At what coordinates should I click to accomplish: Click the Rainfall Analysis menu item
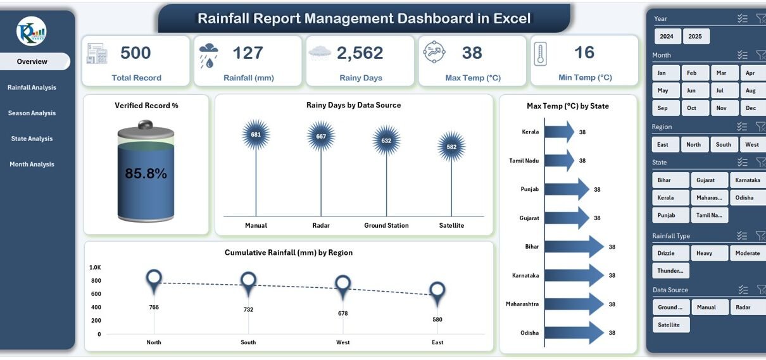click(32, 87)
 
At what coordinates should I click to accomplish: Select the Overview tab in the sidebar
click(32, 61)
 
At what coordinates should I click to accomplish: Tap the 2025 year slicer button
click(695, 36)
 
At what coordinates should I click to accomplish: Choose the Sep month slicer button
click(663, 108)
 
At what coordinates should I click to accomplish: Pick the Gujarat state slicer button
click(706, 180)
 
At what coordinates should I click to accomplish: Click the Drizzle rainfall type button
click(666, 253)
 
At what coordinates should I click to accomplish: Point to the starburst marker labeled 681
click(256, 134)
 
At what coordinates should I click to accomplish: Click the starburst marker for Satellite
click(451, 147)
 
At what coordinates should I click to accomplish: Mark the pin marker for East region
click(437, 291)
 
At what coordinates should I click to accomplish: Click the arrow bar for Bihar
click(573, 247)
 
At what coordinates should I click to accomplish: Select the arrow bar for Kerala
click(558, 132)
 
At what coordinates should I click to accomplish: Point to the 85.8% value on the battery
click(146, 173)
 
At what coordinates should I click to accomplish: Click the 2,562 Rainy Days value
click(360, 53)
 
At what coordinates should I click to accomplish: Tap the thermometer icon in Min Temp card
click(540, 54)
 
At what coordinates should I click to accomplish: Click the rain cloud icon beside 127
click(209, 54)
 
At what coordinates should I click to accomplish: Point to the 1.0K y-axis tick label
click(95, 268)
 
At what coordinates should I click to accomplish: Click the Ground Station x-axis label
click(386, 225)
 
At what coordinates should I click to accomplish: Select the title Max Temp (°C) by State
click(567, 106)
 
